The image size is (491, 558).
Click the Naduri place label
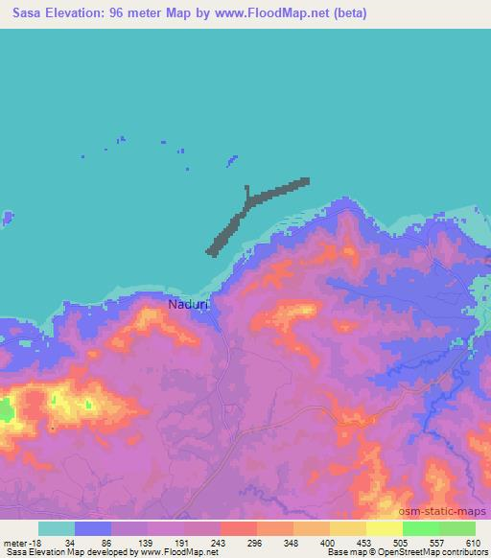click(x=188, y=305)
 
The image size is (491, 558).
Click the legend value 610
click(x=474, y=542)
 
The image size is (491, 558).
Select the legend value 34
click(x=71, y=542)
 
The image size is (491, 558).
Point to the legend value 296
click(x=254, y=542)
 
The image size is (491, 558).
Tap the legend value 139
click(x=144, y=542)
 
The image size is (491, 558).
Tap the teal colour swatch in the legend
click(x=57, y=528)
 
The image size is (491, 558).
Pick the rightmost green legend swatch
click(x=456, y=528)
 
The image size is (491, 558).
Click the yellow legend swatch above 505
click(x=384, y=528)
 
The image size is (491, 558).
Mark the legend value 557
click(x=436, y=542)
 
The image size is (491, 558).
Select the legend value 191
click(x=180, y=542)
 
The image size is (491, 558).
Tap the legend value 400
click(x=327, y=542)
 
